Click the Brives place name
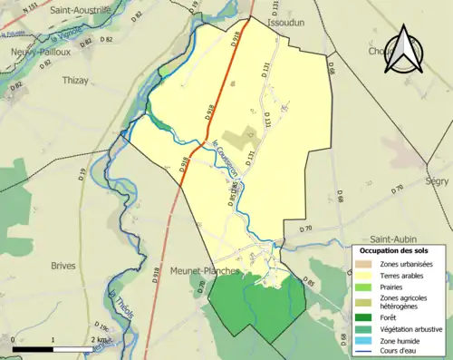[x=63, y=265]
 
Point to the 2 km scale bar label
[x=98, y=339]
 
